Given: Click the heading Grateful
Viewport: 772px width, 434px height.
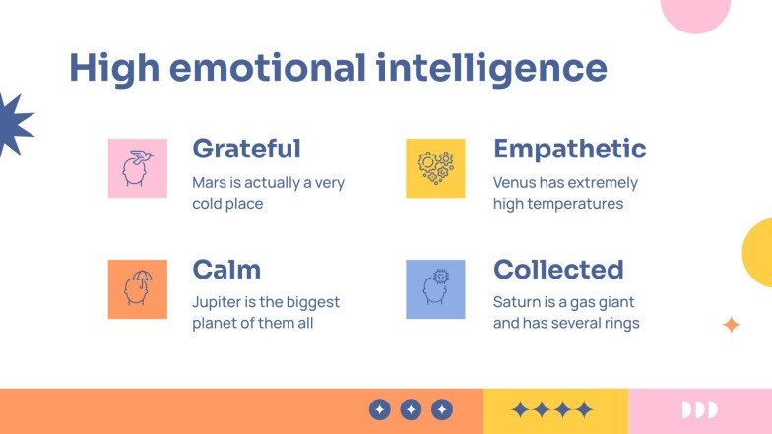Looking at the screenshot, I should coord(246,149).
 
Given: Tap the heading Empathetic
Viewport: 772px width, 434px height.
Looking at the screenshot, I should coord(569,149).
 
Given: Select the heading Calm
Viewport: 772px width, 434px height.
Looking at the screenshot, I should coord(226,270).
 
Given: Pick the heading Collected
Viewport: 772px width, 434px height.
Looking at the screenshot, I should coord(558,270).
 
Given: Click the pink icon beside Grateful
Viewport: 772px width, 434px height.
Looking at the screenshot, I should coord(137,168).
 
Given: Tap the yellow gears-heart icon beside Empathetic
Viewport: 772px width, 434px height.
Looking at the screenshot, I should coord(435,168).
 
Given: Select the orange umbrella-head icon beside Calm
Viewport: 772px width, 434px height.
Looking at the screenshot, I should coord(137,289).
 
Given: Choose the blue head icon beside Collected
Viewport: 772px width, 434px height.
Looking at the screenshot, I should coord(435,289).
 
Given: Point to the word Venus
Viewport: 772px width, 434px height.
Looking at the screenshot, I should coord(515,183).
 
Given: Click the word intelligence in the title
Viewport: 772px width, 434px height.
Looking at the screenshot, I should coord(490,69).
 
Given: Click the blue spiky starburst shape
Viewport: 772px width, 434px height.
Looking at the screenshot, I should coord(12,124).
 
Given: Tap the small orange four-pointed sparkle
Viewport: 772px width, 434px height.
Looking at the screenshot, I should coord(731,325).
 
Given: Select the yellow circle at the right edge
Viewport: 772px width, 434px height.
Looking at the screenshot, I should coord(759,253).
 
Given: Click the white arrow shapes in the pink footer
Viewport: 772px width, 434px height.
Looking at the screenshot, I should coord(699,409).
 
